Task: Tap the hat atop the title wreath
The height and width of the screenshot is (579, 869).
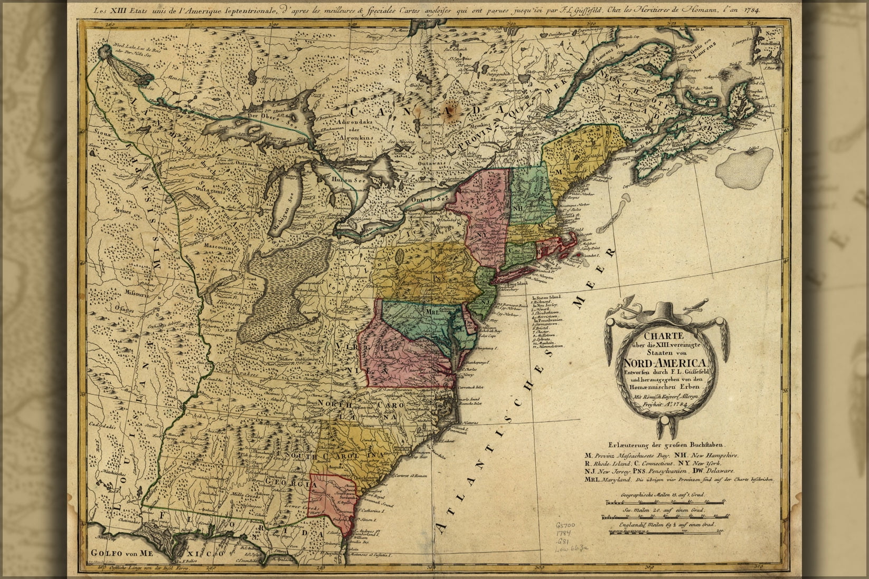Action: pos(667,312)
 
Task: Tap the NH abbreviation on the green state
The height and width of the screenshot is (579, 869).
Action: pos(517,207)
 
